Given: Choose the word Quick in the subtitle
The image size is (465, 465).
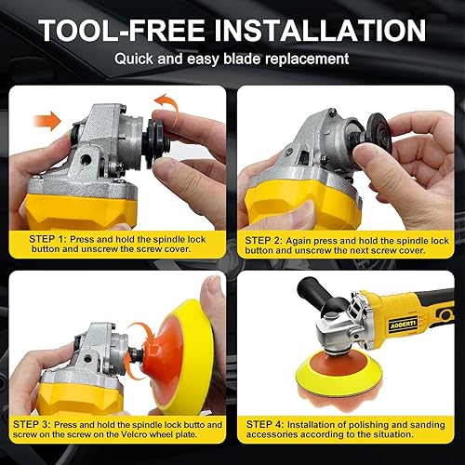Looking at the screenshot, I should point(136,60).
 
